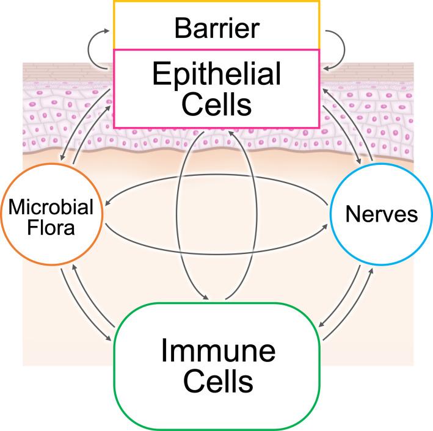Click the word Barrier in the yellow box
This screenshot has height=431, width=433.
(216, 28)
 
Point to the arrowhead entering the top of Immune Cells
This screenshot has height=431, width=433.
(208, 297)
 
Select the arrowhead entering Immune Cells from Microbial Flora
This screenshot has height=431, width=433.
(112, 338)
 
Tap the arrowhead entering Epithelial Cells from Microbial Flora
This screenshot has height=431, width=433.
(112, 107)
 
